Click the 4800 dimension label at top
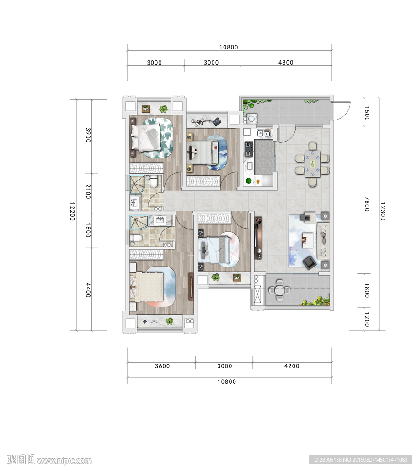point(286,62)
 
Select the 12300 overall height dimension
point(383,211)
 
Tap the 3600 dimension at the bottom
point(162,366)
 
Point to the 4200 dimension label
point(292,366)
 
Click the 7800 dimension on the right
point(367,204)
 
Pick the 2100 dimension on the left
point(88,191)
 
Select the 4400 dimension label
point(88,290)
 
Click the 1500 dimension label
point(367,114)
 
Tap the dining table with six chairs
point(312,164)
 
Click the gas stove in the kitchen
point(249,149)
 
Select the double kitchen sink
point(263,133)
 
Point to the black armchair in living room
point(309,262)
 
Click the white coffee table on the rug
point(308,240)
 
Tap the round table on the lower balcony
point(279,289)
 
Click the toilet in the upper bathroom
point(154,182)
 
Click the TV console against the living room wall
point(258,238)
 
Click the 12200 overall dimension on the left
point(72,211)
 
